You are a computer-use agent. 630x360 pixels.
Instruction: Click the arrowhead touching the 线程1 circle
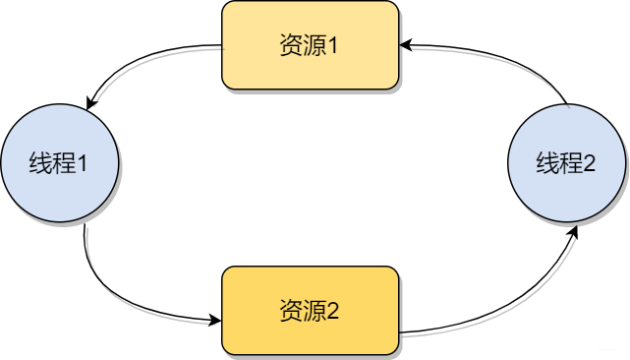(90, 101)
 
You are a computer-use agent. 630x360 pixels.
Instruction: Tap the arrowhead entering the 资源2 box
(215, 321)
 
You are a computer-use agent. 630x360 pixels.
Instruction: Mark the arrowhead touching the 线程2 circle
(575, 228)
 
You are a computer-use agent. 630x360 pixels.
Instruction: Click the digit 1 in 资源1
(333, 46)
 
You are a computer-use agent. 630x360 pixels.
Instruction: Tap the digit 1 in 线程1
(83, 163)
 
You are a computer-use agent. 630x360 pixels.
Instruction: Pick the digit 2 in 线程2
(589, 163)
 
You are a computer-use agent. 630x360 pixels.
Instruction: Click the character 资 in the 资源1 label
(290, 46)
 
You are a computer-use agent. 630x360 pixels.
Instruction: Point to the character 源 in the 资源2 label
(313, 312)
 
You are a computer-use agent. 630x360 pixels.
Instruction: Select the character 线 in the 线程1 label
(41, 163)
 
